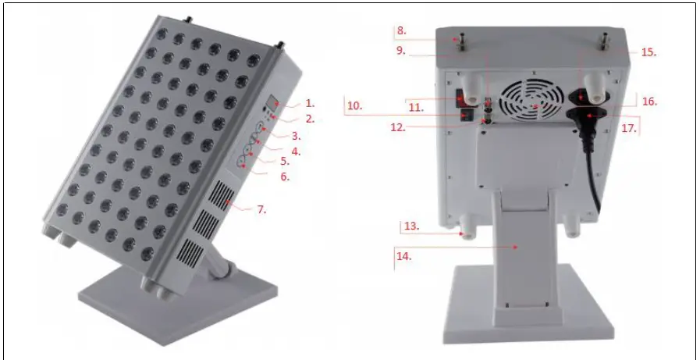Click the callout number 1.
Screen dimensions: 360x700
(309, 103)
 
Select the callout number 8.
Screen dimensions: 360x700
(401, 32)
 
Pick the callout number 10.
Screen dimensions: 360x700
(354, 104)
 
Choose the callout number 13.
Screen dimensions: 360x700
(412, 226)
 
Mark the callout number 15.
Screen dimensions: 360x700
(648, 53)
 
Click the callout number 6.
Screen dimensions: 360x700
(285, 177)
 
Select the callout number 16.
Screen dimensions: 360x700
(648, 101)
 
